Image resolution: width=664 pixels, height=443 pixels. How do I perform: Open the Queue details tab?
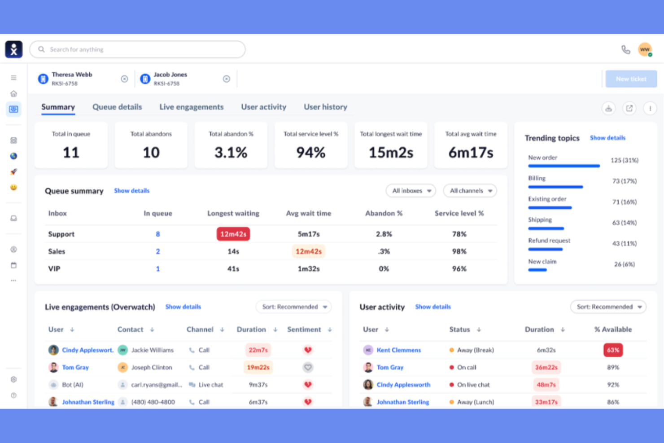click(x=117, y=107)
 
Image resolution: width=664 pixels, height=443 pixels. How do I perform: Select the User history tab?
click(x=325, y=107)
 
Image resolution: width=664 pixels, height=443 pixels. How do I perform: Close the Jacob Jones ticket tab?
click(x=227, y=79)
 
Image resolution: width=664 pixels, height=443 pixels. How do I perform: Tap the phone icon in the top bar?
click(x=625, y=49)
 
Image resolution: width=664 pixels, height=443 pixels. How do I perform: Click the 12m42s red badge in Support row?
click(x=233, y=234)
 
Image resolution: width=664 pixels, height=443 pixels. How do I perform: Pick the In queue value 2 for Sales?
click(x=158, y=251)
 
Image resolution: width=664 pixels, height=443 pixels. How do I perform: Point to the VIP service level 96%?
click(x=459, y=269)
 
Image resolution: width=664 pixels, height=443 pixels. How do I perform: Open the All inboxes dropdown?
click(x=411, y=191)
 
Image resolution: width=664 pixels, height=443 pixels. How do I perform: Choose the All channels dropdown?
click(x=470, y=191)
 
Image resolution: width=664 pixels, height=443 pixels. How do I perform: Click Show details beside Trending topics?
click(x=607, y=138)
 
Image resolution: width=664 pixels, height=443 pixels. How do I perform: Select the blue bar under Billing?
click(x=555, y=187)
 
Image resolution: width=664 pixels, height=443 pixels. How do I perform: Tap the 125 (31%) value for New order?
click(x=624, y=160)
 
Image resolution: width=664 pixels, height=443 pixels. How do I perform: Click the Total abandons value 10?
click(x=151, y=153)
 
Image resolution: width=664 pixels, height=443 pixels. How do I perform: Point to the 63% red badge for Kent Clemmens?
click(x=613, y=350)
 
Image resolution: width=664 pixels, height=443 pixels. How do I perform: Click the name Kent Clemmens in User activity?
click(x=398, y=350)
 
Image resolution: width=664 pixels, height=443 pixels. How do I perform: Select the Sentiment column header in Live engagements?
click(x=304, y=329)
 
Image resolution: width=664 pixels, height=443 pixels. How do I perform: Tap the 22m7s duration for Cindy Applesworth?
click(x=258, y=350)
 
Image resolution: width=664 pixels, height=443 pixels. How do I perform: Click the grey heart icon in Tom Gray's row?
click(x=308, y=367)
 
